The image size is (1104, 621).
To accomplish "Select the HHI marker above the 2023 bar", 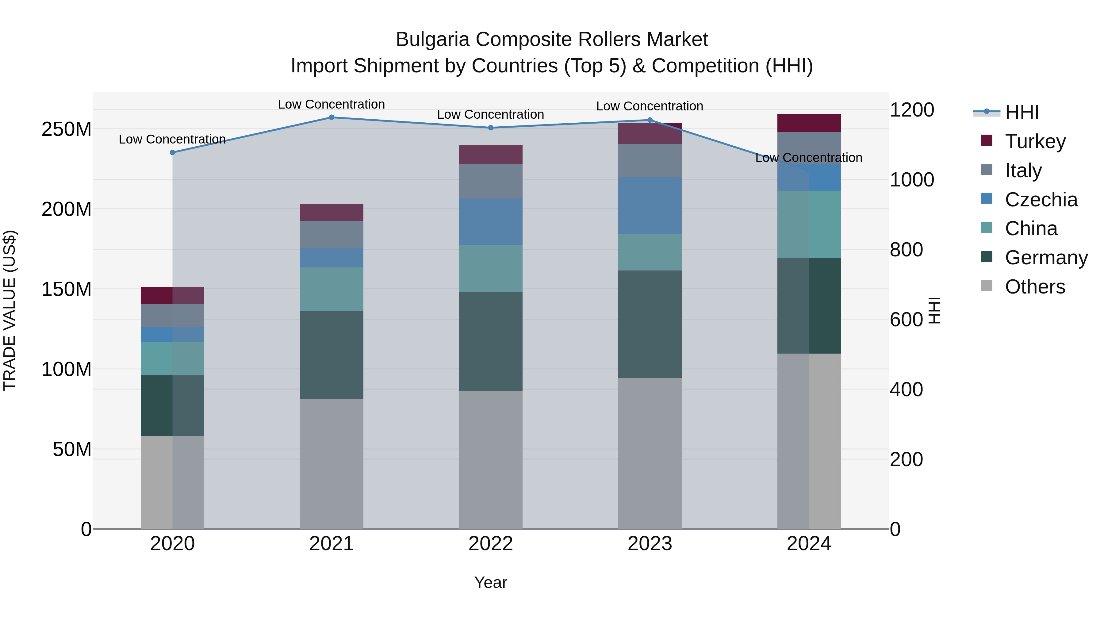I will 650,120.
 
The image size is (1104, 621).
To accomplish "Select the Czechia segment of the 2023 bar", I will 650,205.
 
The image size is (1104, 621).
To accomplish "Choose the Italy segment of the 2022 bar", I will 491,181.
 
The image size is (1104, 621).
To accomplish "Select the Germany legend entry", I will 1046,258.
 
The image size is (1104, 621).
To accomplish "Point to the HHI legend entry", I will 1022,112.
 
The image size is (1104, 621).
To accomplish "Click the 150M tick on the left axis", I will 67,289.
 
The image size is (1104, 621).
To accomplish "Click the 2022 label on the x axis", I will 491,544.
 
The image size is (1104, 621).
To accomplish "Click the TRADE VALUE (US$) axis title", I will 10,310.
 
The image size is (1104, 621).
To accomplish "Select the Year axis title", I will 491,582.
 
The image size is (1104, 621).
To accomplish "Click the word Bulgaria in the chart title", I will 432,40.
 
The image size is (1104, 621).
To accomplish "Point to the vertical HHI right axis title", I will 935,310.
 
